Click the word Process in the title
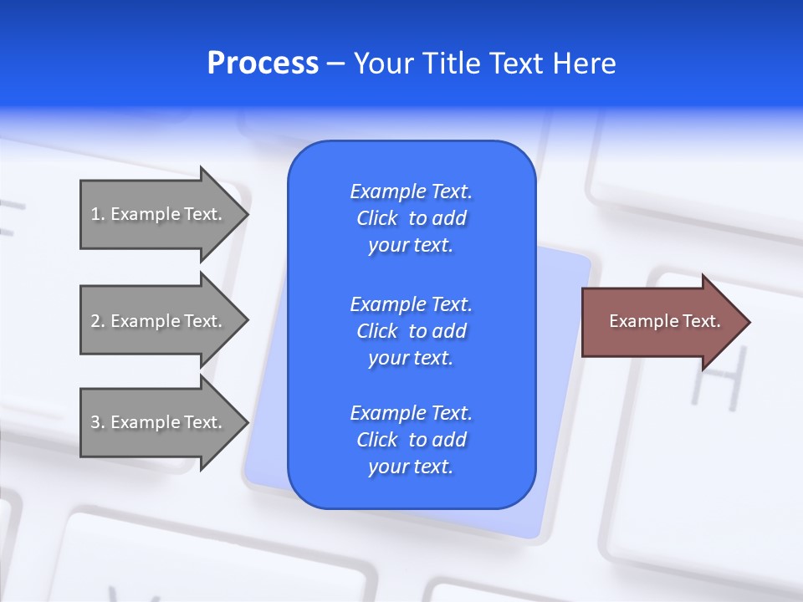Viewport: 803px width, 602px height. [263, 64]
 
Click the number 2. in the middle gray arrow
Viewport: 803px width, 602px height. [98, 321]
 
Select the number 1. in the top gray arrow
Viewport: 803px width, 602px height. [98, 214]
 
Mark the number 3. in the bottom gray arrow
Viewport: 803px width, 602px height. [98, 422]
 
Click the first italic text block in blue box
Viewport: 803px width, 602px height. [411, 218]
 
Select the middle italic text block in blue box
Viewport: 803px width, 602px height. [411, 331]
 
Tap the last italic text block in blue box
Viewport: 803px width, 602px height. [411, 440]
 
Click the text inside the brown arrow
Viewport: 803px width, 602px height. [664, 321]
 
